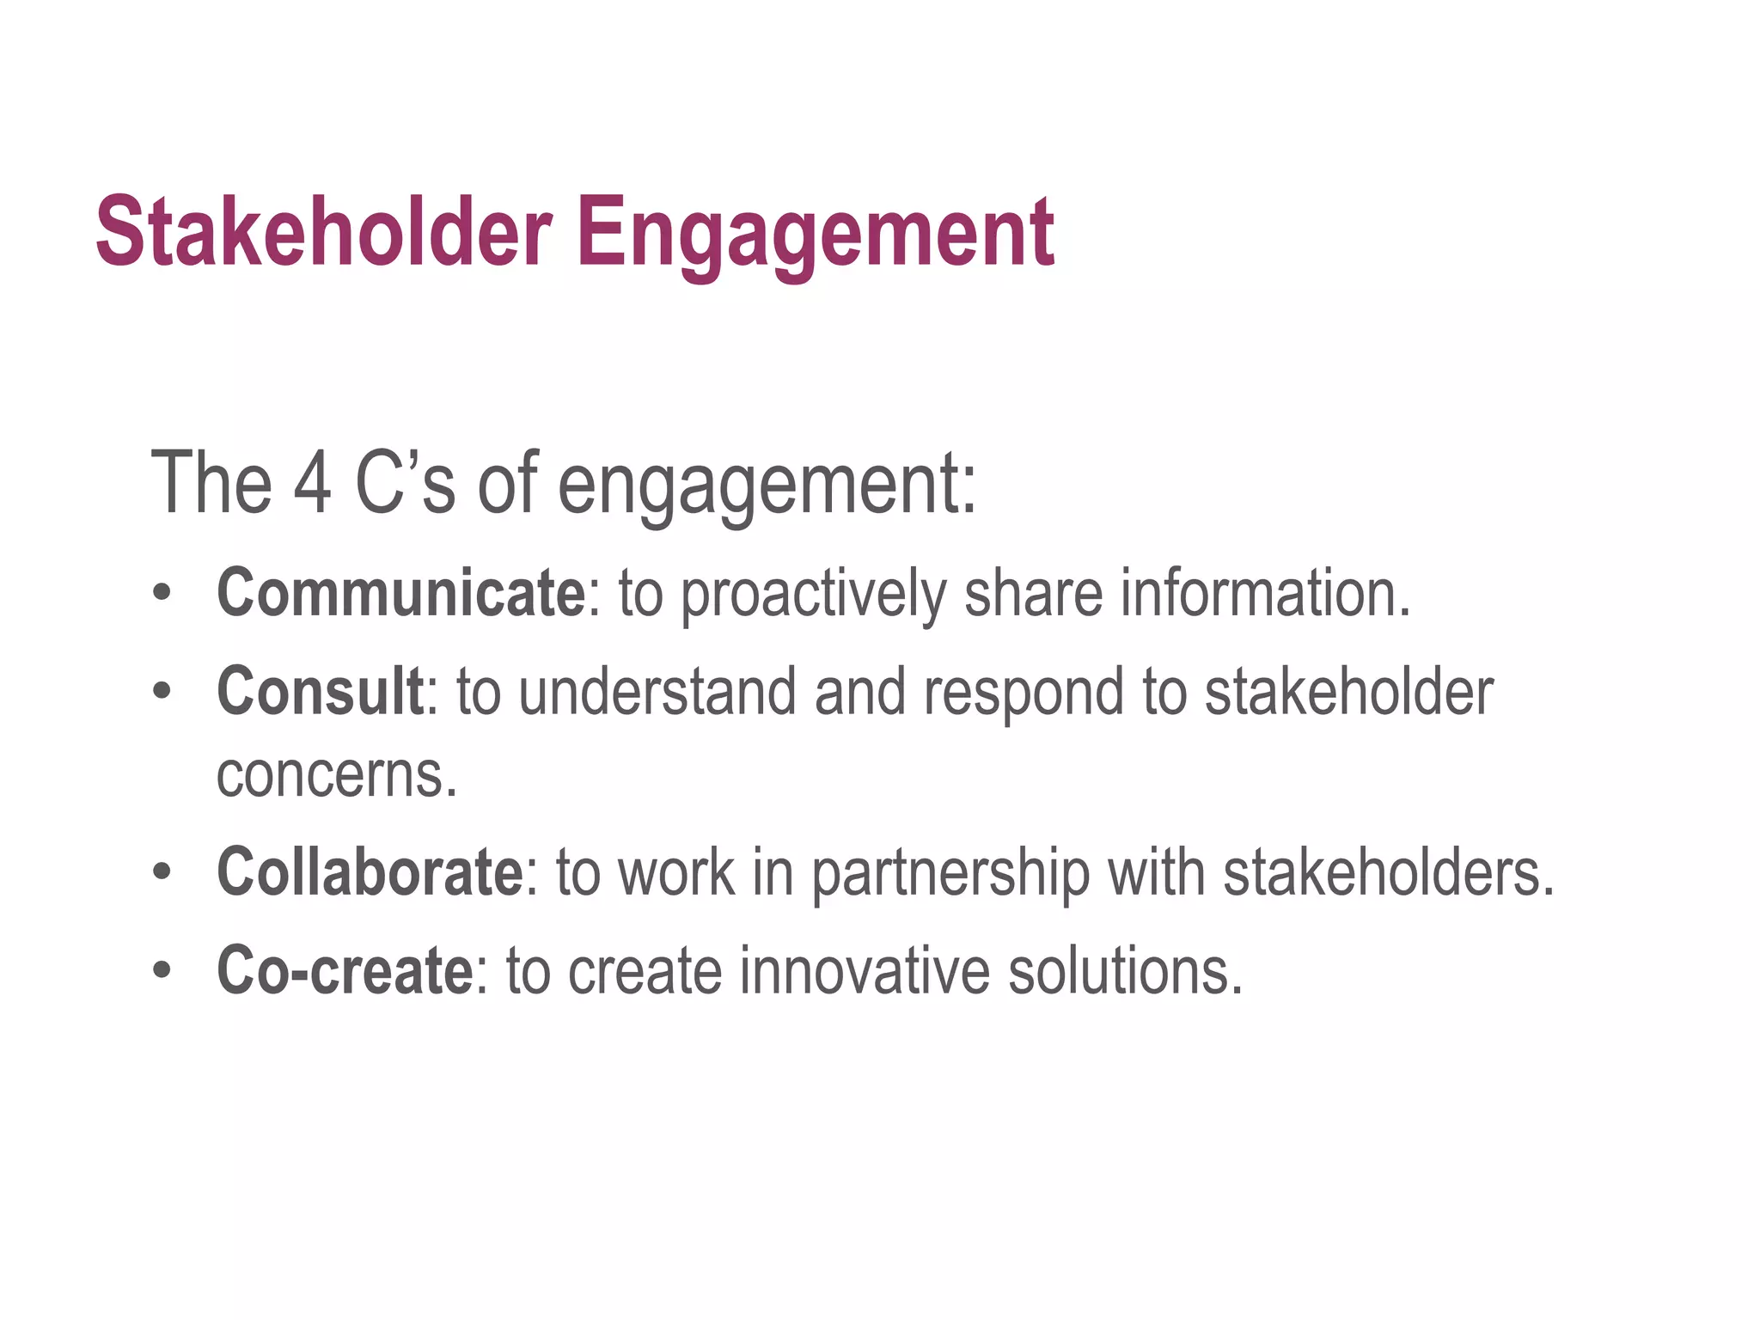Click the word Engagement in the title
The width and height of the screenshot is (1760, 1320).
click(x=815, y=234)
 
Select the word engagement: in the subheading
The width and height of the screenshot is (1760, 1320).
click(x=767, y=486)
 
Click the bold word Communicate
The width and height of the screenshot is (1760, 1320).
click(x=401, y=593)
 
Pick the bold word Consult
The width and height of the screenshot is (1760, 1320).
click(x=320, y=691)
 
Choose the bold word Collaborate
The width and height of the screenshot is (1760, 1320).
click(x=370, y=872)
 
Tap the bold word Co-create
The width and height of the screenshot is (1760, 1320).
click(x=345, y=971)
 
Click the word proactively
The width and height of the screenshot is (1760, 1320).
click(x=813, y=595)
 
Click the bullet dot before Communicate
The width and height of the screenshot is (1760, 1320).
click(x=162, y=593)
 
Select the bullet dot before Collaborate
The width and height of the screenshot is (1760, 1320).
click(x=162, y=872)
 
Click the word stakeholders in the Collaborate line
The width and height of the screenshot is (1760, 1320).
click(x=1389, y=872)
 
